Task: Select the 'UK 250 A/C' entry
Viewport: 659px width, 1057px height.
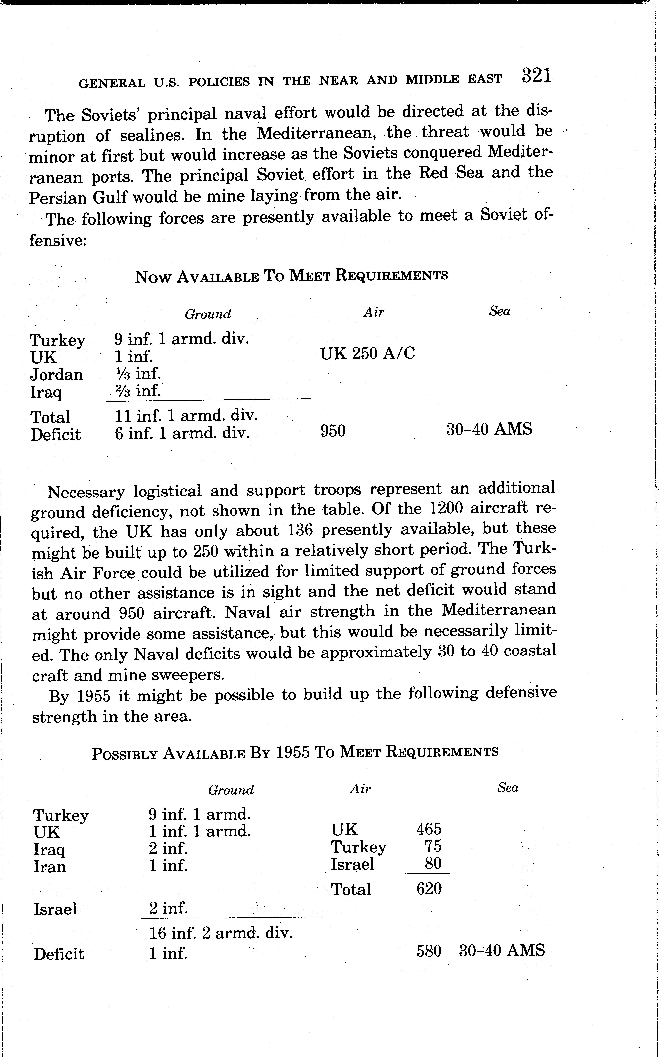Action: [x=368, y=353]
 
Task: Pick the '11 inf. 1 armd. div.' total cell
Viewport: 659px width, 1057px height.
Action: [x=187, y=416]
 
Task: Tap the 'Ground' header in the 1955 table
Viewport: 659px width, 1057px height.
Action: [x=231, y=790]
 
